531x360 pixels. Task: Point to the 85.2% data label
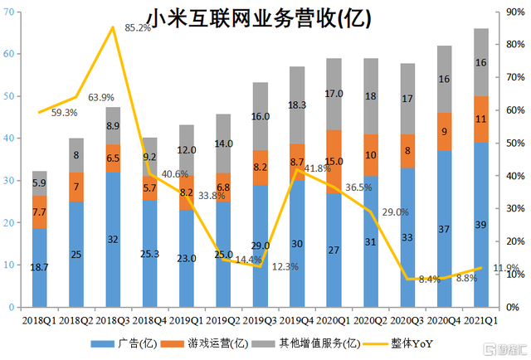(138, 27)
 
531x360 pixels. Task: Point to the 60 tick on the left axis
(13, 54)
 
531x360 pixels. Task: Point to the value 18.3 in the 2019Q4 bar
(297, 105)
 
